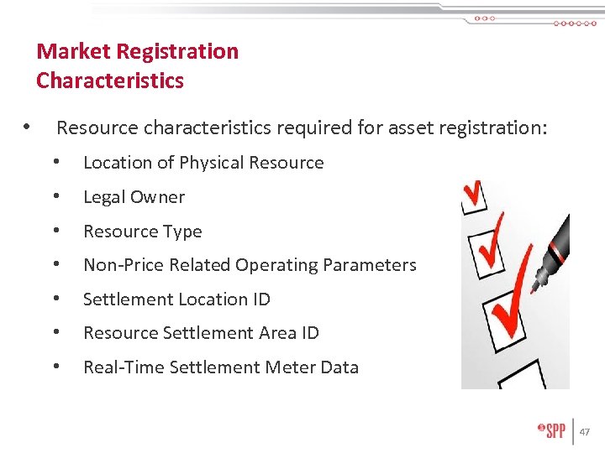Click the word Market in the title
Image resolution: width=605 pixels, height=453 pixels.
point(73,51)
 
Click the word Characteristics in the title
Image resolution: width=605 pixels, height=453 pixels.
point(109,81)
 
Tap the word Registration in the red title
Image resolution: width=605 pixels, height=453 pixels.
point(177,51)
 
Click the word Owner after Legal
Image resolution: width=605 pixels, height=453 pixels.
point(160,197)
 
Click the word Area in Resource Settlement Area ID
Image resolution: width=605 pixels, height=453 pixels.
point(276,333)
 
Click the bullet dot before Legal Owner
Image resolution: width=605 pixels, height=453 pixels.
point(56,197)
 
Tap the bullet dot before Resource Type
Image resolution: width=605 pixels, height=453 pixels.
point(56,231)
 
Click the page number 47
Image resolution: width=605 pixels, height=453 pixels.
point(585,432)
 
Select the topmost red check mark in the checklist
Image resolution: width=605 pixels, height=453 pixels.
point(474,195)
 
